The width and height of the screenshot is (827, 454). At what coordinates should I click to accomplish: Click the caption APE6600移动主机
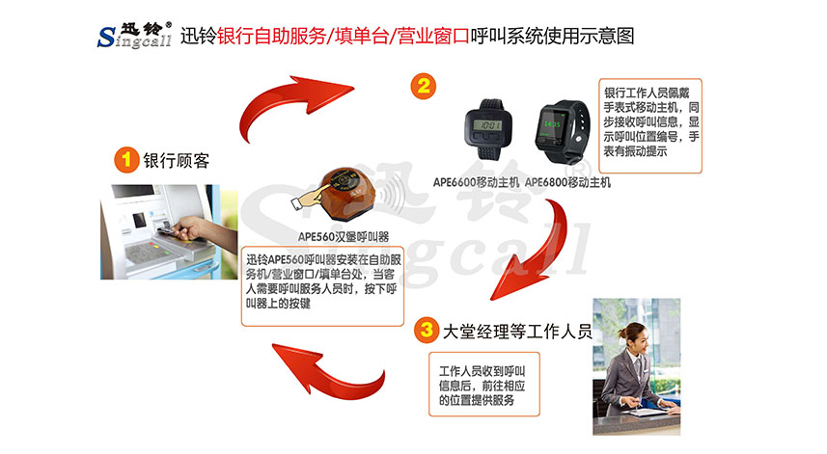point(476,181)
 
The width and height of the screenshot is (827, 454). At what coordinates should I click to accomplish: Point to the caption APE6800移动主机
point(567,181)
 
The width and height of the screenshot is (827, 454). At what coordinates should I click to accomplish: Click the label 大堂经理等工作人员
point(517,334)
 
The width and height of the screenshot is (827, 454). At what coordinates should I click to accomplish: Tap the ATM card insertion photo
point(160,232)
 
